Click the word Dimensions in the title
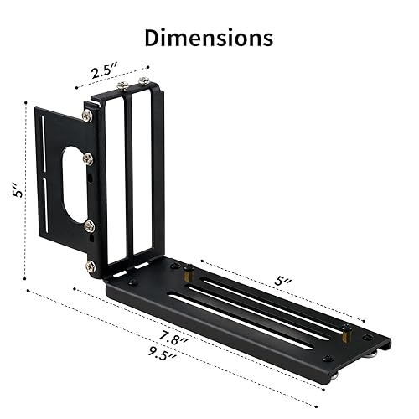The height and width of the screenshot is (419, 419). [209, 38]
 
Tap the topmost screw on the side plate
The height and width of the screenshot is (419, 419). [87, 116]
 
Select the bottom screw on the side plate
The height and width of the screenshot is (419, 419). [90, 266]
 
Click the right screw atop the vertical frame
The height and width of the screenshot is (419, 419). [144, 81]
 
